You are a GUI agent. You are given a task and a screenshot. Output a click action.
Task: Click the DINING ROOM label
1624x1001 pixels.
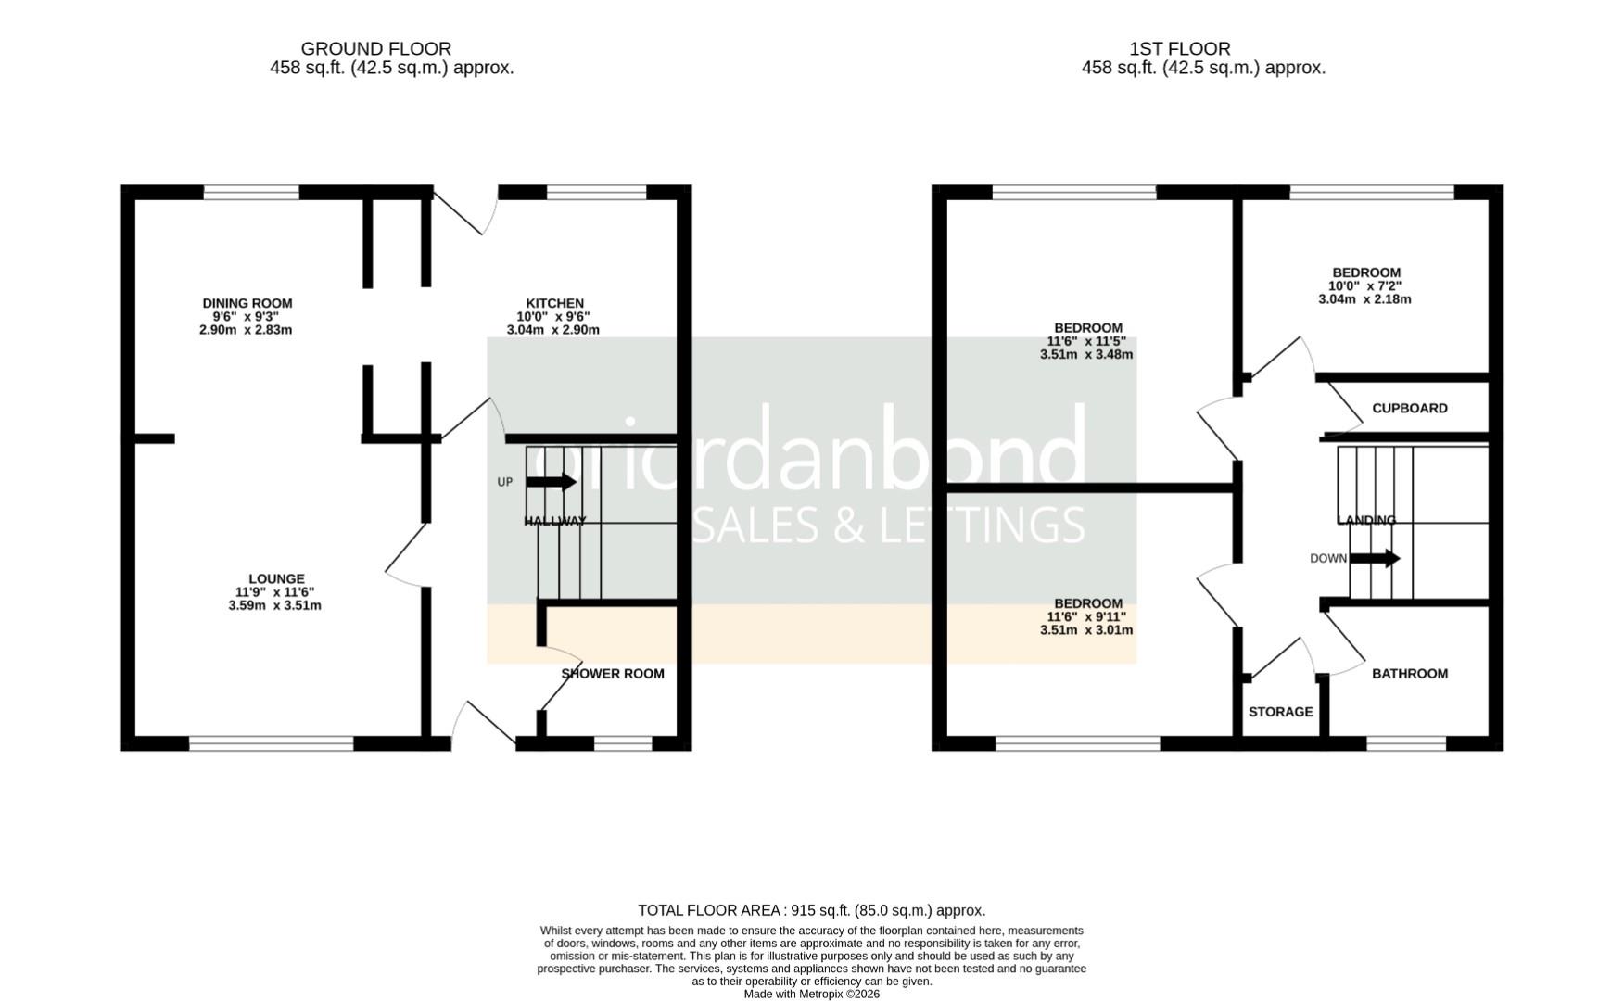(x=247, y=303)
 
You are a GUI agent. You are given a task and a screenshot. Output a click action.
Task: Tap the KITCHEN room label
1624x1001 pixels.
(x=554, y=303)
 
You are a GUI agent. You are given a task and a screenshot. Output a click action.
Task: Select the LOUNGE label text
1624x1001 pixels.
(x=276, y=579)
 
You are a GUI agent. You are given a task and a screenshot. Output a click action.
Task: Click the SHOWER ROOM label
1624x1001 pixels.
(x=613, y=674)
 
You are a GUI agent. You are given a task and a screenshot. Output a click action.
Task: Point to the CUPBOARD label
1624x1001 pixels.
(x=1409, y=408)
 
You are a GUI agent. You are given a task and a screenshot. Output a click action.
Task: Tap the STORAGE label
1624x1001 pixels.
(x=1280, y=712)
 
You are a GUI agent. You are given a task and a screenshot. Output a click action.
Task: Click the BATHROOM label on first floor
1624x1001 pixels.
(x=1409, y=674)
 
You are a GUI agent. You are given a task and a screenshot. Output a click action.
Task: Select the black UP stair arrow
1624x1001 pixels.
(x=551, y=482)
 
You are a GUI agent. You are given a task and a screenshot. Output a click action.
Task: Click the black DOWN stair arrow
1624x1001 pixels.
(x=1375, y=558)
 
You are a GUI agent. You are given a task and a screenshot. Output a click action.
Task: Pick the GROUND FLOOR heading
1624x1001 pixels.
(x=375, y=48)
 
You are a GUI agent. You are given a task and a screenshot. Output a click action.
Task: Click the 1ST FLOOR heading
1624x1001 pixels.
(x=1179, y=48)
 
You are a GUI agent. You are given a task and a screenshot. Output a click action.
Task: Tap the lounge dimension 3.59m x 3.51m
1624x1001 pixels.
(x=274, y=606)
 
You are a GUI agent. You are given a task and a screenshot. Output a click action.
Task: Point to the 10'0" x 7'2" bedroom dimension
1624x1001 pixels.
(x=1364, y=286)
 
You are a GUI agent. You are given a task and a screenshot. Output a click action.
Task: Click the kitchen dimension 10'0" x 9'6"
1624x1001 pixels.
(x=553, y=316)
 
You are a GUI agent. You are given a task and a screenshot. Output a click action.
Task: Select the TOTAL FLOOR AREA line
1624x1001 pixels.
(x=811, y=910)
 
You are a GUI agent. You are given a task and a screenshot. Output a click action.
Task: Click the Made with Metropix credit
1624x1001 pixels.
(x=811, y=994)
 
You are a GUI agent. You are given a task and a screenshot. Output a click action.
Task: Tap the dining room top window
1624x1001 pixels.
(x=251, y=192)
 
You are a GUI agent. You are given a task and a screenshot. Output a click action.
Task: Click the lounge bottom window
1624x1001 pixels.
(x=271, y=743)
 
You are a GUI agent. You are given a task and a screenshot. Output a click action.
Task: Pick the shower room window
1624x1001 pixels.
(x=623, y=743)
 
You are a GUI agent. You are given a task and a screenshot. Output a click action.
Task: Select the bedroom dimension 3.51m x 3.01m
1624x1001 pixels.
(x=1086, y=630)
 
